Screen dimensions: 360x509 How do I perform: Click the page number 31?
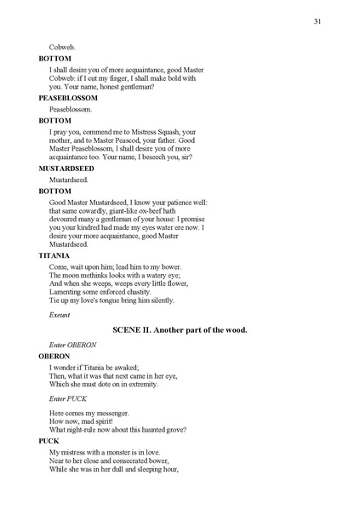click(x=317, y=21)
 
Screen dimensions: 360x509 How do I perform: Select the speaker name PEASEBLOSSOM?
click(x=68, y=98)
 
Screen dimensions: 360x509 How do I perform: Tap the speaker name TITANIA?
click(x=54, y=255)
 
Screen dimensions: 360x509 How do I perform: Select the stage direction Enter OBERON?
click(x=72, y=344)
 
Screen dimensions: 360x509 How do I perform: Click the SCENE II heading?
click(x=180, y=329)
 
